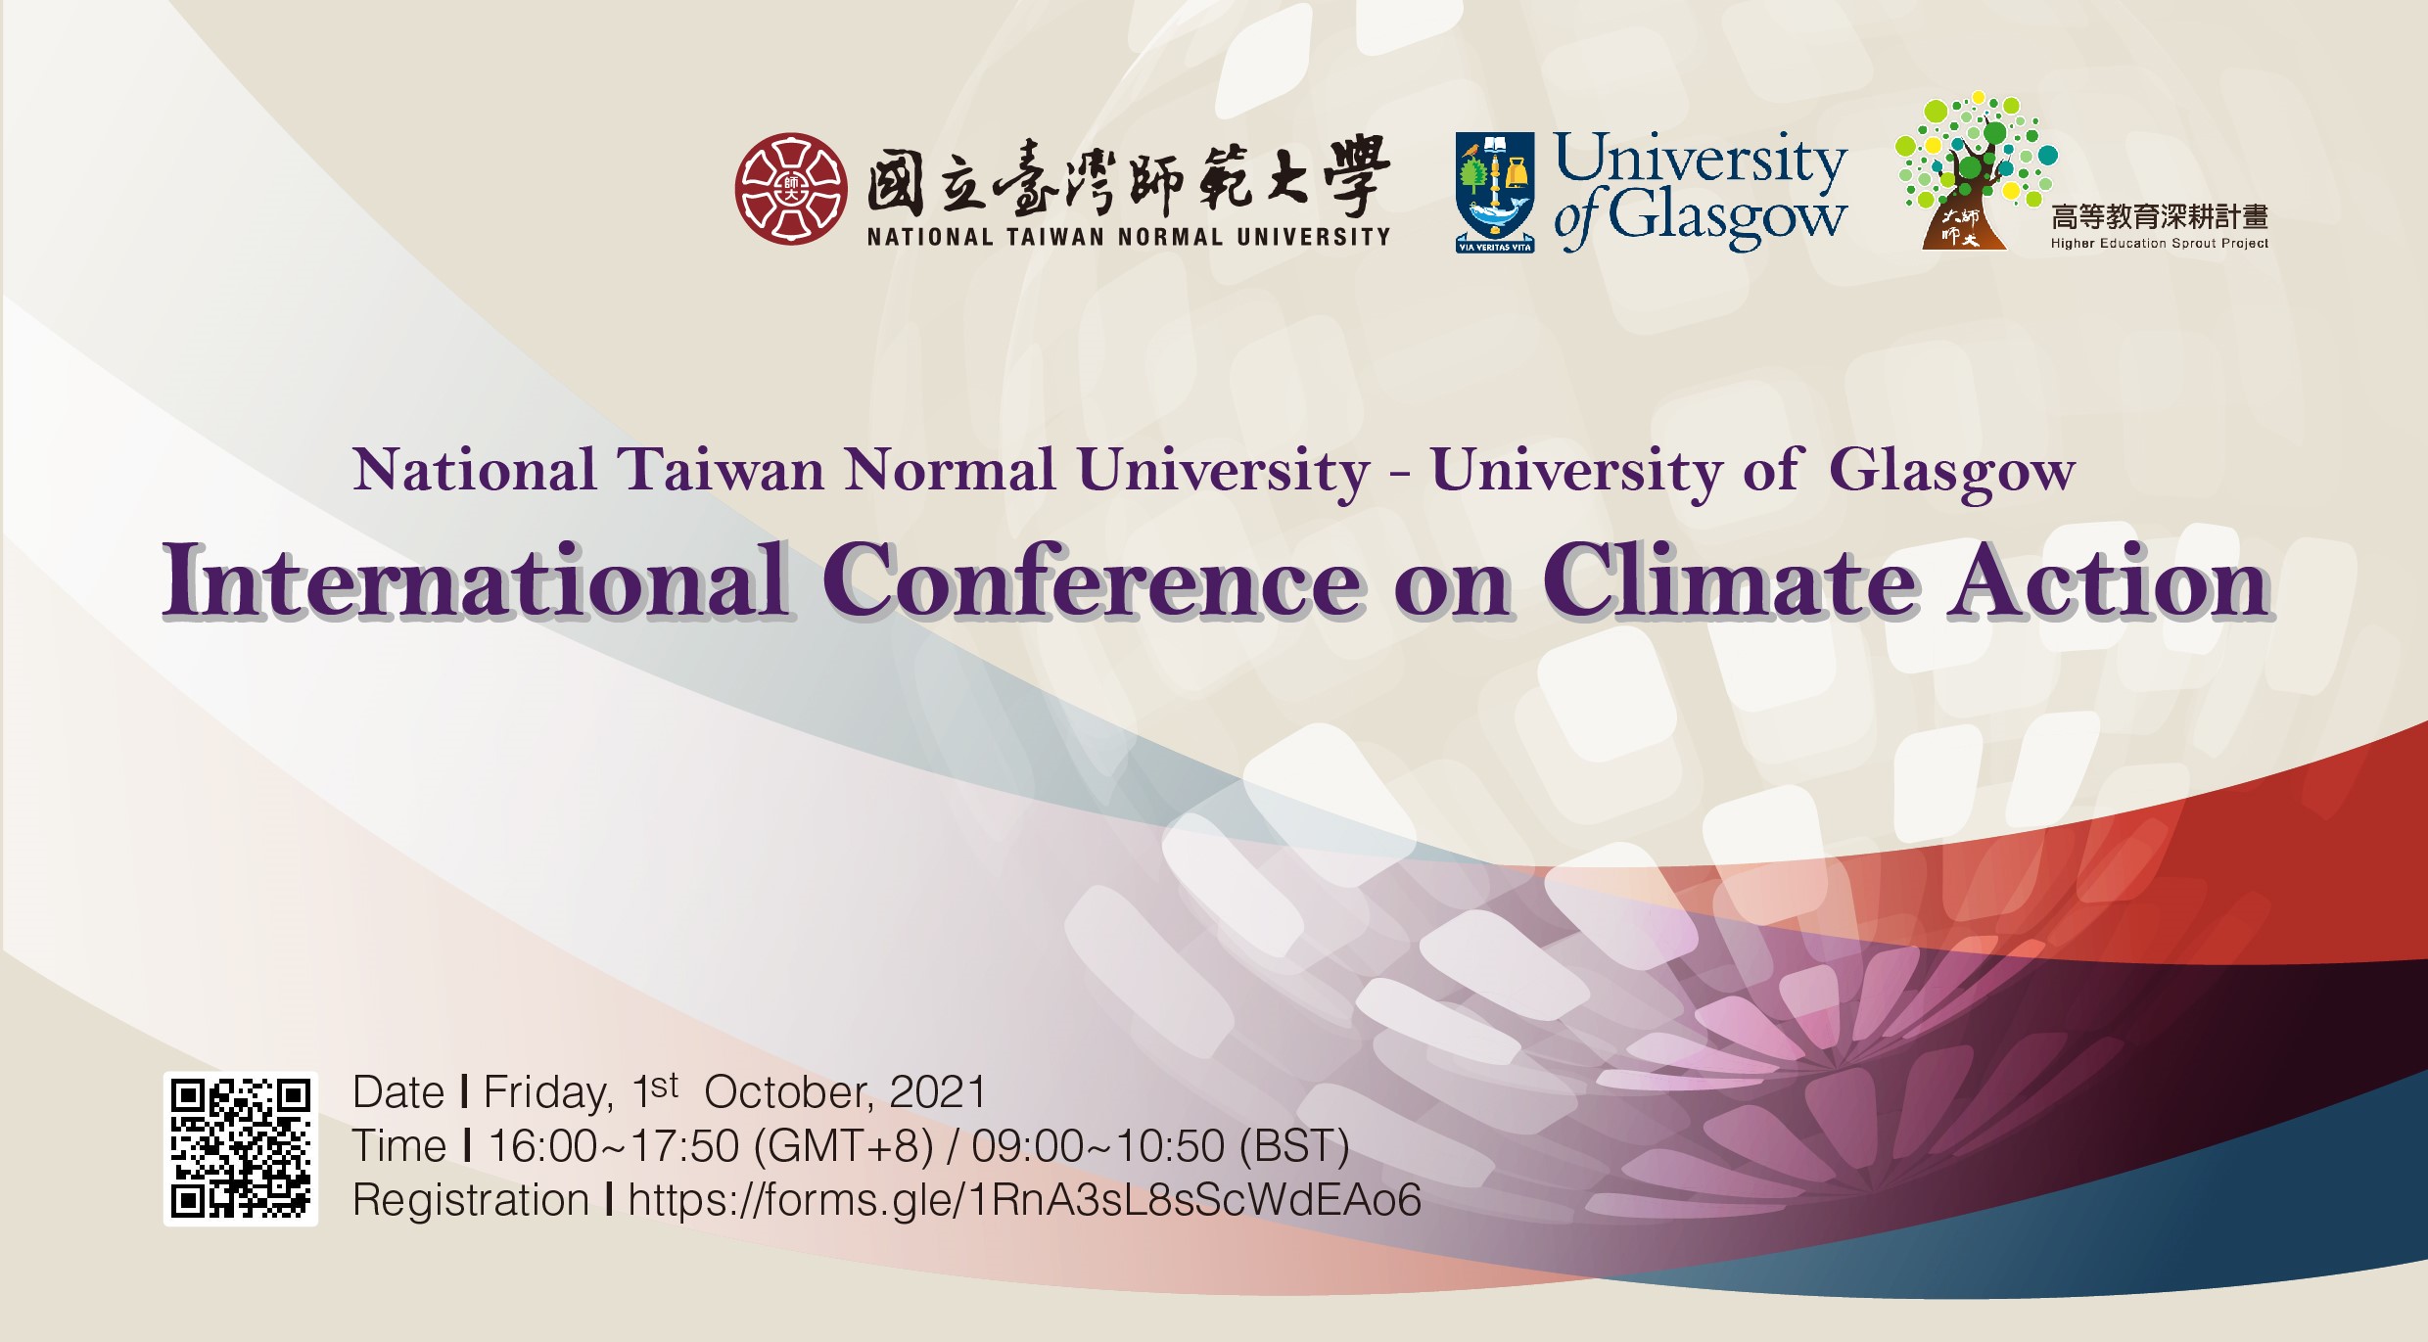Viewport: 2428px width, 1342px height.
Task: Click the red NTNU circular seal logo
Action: click(791, 189)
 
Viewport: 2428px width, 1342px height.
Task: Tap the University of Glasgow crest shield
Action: click(1494, 193)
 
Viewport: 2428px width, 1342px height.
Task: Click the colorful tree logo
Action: click(1976, 170)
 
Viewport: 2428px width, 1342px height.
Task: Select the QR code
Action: click(241, 1148)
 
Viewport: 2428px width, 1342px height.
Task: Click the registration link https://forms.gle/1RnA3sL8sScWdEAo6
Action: click(1024, 1200)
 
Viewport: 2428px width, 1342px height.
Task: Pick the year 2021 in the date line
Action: click(938, 1091)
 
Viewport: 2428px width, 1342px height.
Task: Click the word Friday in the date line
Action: click(548, 1093)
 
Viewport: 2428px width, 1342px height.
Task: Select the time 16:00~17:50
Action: click(613, 1146)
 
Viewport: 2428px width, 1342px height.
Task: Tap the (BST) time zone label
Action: click(1294, 1146)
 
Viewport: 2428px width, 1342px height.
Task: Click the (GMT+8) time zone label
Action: click(843, 1146)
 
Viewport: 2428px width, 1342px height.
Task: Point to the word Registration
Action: click(471, 1201)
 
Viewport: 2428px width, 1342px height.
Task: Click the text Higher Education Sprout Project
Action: click(2159, 243)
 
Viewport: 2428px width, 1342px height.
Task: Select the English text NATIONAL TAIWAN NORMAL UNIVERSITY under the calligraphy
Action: click(1128, 236)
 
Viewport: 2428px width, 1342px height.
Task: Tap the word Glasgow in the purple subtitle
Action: click(1951, 473)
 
